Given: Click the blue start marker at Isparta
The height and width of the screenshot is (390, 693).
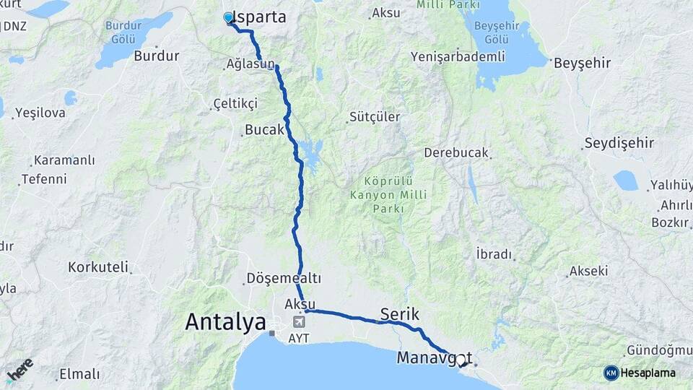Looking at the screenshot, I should pos(229,17).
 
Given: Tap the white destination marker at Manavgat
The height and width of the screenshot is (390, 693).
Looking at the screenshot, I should pos(460,359).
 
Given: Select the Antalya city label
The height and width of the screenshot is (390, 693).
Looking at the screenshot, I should pos(225,321).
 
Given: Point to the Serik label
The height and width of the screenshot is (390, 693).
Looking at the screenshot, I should pos(399,314).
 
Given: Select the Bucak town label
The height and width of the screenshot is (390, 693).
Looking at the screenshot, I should pos(264,131).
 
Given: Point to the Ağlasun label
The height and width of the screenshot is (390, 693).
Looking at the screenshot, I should pos(250,64).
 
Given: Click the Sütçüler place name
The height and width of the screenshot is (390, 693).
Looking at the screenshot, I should pos(374,116).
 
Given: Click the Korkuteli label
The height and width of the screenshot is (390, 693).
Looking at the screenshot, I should pos(97,266).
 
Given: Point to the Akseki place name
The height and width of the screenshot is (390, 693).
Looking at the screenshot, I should pos(588,271).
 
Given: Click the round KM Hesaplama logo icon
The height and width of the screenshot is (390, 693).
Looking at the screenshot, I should pos(611,373).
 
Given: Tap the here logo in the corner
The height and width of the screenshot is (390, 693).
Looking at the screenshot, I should pos(19,369).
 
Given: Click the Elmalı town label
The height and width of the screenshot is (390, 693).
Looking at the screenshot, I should pos(79,373).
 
